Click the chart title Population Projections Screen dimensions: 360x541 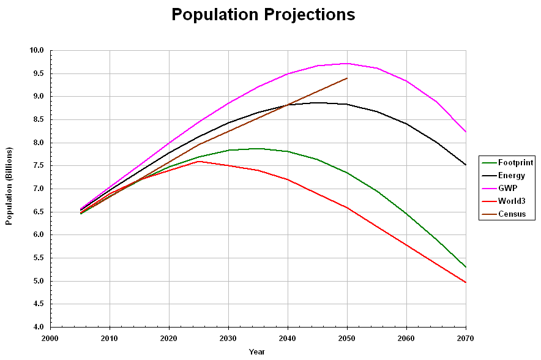click(x=263, y=15)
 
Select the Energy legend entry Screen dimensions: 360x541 click(x=511, y=175)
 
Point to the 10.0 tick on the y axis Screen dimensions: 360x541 click(x=38, y=51)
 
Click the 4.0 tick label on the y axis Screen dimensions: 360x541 click(x=38, y=328)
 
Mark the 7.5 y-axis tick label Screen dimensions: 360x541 click(x=38, y=166)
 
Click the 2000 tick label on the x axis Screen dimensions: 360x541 click(x=50, y=337)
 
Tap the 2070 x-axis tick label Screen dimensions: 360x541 click(x=466, y=337)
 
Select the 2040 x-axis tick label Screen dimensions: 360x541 click(x=288, y=337)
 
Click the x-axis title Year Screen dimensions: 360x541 click(x=257, y=351)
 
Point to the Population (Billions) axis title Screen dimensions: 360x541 click(x=9, y=186)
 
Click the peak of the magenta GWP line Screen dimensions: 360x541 click(x=347, y=63)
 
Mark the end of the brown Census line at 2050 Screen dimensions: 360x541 click(x=347, y=78)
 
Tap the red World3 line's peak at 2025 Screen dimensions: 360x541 click(x=199, y=162)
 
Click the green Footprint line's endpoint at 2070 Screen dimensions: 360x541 click(x=466, y=267)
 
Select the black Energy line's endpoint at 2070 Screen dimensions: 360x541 click(x=466, y=165)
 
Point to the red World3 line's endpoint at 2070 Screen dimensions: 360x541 click(x=466, y=282)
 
